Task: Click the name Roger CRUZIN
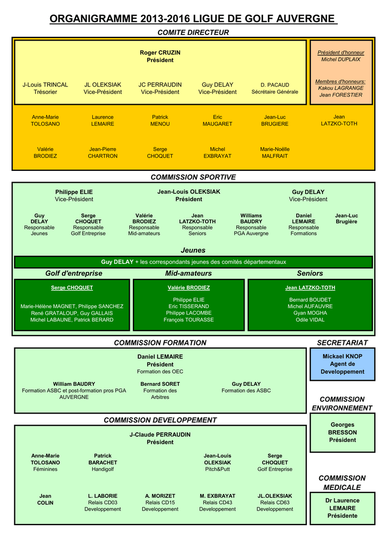(160, 53)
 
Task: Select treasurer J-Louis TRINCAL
(45, 88)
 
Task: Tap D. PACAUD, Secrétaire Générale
(275, 88)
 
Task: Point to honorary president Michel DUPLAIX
(341, 59)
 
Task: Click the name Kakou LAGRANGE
(341, 88)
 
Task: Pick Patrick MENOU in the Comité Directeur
(160, 120)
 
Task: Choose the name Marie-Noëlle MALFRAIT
(275, 152)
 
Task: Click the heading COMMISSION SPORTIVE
(193, 177)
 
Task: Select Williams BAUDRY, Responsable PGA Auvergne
(251, 224)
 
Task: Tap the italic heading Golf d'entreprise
(74, 273)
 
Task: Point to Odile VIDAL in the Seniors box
(310, 319)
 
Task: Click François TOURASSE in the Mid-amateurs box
(190, 319)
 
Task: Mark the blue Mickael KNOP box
(342, 364)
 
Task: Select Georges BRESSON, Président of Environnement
(342, 432)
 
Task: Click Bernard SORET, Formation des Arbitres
(160, 390)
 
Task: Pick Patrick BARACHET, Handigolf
(102, 462)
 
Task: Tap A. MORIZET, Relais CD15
(160, 502)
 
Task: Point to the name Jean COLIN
(45, 499)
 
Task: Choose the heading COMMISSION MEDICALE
(342, 482)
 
